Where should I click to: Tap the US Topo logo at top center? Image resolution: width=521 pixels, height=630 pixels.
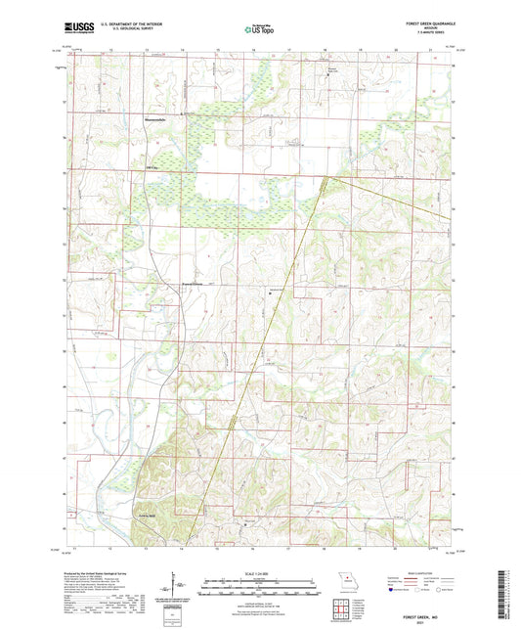(x=259, y=30)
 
